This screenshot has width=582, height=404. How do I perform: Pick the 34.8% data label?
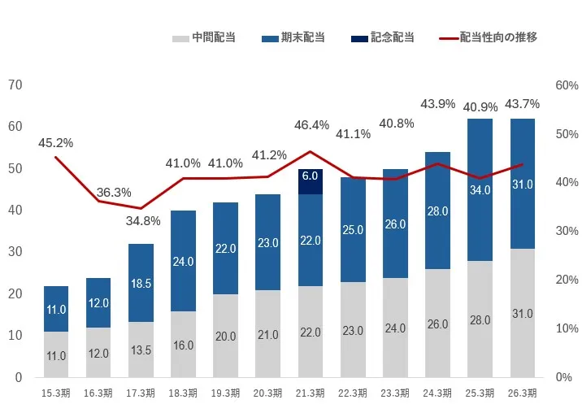click(x=143, y=220)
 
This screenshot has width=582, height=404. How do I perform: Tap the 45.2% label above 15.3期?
click(x=56, y=142)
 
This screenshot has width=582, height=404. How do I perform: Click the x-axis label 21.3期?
click(x=310, y=393)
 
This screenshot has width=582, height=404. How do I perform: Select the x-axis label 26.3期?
click(x=522, y=393)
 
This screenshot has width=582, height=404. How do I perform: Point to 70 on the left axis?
click(x=15, y=85)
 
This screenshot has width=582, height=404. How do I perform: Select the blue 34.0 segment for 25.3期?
click(x=480, y=189)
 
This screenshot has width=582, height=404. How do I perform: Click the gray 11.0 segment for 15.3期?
click(x=56, y=355)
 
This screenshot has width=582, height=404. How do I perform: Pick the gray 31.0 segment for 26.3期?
click(x=523, y=313)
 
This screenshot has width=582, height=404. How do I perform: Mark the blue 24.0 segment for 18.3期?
click(x=184, y=261)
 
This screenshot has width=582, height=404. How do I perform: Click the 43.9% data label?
click(x=437, y=104)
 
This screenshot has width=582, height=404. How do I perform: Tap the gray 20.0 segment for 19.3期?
click(x=226, y=335)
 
